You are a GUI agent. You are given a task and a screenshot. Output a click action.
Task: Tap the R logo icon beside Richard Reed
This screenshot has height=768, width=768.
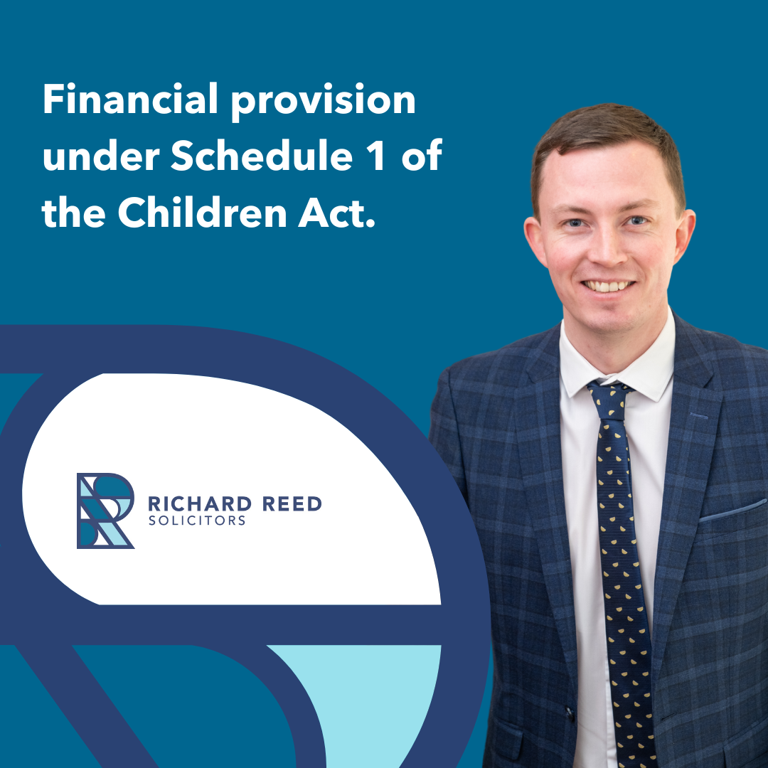click(105, 511)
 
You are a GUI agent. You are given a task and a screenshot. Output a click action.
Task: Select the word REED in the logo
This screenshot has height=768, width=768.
click(292, 504)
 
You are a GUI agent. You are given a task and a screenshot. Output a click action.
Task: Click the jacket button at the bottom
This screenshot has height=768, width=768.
click(570, 711)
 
